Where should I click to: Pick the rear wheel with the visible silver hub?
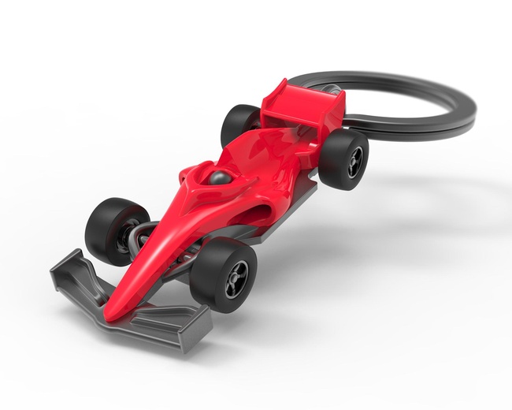tap(343, 158)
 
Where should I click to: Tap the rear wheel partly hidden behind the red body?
tap(237, 123)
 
